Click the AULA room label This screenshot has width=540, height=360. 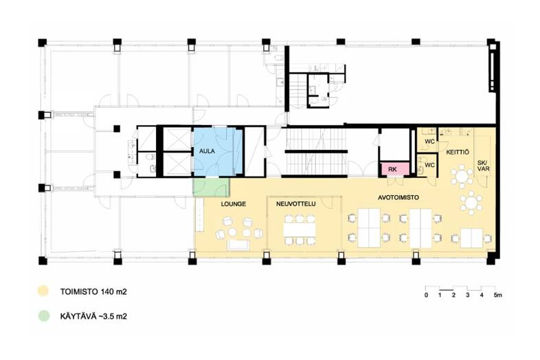[207, 151]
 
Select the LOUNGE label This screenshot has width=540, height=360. [233, 204]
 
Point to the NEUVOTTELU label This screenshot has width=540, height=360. [295, 204]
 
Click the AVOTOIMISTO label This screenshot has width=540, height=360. [398, 197]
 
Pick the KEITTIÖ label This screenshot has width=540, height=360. [458, 152]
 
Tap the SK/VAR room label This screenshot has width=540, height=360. [483, 166]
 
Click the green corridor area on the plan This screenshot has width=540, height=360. [211, 187]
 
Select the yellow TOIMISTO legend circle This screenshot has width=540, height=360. [43, 291]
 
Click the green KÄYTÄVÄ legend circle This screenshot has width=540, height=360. [43, 316]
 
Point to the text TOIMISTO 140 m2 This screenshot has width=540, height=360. [93, 292]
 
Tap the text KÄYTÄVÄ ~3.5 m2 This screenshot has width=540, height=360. [93, 316]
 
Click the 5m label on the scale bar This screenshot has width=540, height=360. [497, 295]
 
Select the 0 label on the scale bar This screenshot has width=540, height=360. [427, 295]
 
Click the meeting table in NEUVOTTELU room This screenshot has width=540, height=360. [300, 229]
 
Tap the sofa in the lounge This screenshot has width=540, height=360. [238, 245]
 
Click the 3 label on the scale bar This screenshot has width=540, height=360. [468, 295]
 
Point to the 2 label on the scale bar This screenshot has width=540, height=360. [453, 295]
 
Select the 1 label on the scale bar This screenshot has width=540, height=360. [440, 295]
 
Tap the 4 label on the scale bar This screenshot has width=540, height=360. [482, 295]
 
